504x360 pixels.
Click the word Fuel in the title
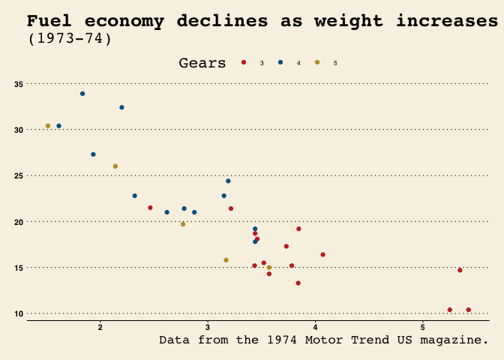(51, 21)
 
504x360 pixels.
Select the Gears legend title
(202, 63)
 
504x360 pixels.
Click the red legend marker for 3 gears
(244, 62)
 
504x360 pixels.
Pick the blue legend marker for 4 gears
(280, 62)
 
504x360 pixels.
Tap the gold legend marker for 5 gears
(316, 62)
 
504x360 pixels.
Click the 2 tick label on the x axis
(100, 327)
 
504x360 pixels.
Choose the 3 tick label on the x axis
(208, 327)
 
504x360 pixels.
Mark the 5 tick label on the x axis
(423, 327)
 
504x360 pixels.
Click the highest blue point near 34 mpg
(82, 94)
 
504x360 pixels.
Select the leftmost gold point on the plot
(48, 126)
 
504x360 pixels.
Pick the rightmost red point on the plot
(469, 310)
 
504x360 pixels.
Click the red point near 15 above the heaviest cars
(460, 270)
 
